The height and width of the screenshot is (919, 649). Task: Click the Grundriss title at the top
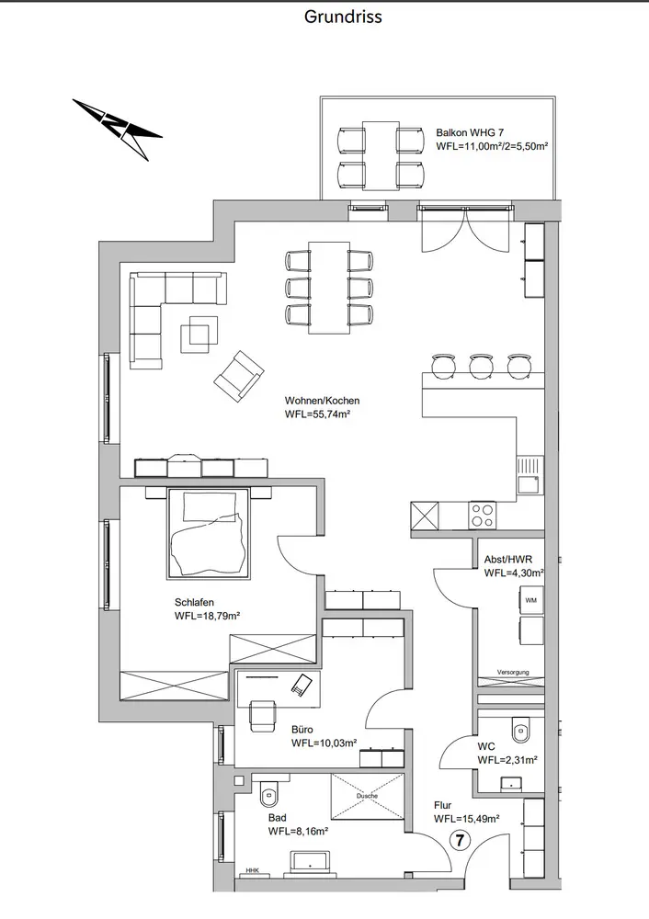click(x=343, y=17)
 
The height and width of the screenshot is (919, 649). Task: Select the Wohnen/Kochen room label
click(x=323, y=401)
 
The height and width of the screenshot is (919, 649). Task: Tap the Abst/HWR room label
click(x=507, y=559)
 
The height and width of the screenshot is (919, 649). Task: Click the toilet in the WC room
click(x=520, y=729)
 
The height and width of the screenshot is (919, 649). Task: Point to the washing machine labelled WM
click(x=530, y=600)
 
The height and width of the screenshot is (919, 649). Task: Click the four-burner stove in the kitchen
click(x=483, y=513)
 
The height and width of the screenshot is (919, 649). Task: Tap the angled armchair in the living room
click(x=239, y=376)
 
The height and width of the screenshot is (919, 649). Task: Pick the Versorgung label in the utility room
click(x=513, y=673)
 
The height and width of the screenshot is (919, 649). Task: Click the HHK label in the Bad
click(x=251, y=869)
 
